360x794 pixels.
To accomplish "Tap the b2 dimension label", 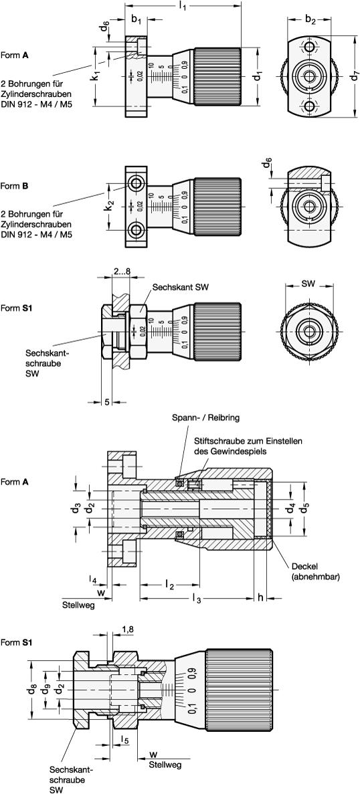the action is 310,20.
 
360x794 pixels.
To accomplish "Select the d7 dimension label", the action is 355,76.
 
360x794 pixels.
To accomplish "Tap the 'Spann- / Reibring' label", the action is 205,418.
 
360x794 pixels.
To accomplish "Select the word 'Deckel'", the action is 302,566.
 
